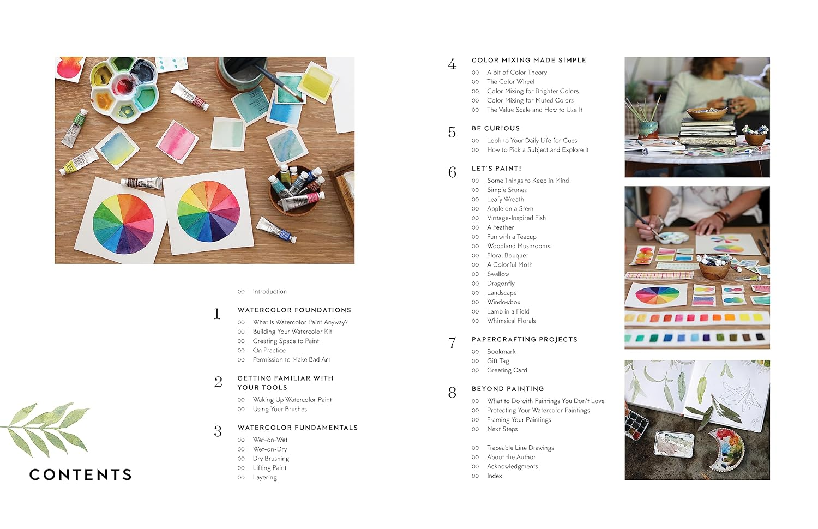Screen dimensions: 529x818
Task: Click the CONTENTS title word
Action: [x=81, y=474]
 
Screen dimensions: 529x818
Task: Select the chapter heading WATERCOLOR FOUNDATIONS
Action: [x=294, y=310]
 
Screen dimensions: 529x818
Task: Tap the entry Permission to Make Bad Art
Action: [x=291, y=359]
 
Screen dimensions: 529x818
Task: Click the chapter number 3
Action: [x=218, y=432]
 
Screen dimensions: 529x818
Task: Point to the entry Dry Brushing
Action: [x=270, y=458]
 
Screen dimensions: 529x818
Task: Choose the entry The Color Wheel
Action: [x=510, y=81]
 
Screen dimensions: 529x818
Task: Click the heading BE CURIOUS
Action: [x=495, y=128]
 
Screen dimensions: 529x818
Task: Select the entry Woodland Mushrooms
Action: [x=518, y=246]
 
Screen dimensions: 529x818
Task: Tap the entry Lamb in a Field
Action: [x=508, y=311]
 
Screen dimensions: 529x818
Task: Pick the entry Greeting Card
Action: [x=507, y=370]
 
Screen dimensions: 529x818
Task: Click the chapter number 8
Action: [x=452, y=393]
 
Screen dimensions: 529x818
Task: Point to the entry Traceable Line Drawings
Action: [x=520, y=448]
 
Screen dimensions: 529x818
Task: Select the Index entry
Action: [x=494, y=476]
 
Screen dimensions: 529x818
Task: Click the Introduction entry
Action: [x=269, y=291]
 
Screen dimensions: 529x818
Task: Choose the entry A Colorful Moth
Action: [x=509, y=264]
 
